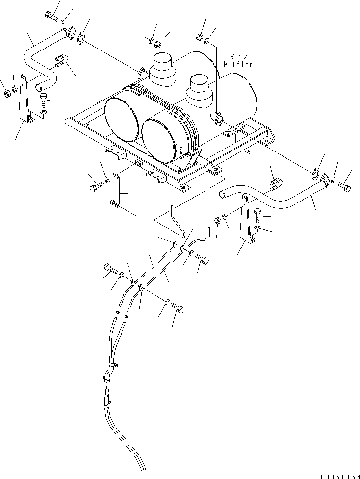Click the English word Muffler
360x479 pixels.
pyautogui.click(x=238, y=64)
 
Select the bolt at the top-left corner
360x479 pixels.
pyautogui.click(x=51, y=16)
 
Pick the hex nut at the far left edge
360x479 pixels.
pyautogui.click(x=7, y=93)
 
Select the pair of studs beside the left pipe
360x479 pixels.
pyautogui.click(x=60, y=60)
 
